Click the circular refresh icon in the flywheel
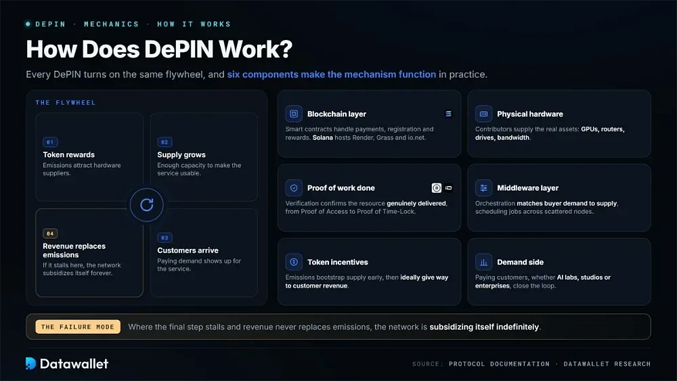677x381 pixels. coord(147,205)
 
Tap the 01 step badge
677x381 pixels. coord(50,142)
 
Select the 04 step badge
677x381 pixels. coord(50,233)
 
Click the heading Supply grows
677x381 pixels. coord(181,154)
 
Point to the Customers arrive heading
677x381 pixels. coord(188,250)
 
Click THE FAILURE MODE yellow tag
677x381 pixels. coord(78,327)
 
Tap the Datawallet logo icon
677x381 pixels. coord(30,363)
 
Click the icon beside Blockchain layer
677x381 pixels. coord(294,114)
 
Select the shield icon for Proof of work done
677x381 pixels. coord(294,187)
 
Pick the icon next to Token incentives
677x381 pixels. coord(294,262)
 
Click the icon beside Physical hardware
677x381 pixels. coord(483,114)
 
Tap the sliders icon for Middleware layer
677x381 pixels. coord(483,187)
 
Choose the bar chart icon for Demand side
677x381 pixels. coord(483,262)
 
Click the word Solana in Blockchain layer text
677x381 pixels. coord(322,137)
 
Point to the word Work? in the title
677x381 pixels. coord(256,49)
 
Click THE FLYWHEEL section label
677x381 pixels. coord(66,103)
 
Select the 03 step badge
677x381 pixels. coord(165,238)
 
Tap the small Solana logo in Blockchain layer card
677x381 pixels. coord(448,114)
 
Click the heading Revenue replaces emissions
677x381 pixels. coord(74,250)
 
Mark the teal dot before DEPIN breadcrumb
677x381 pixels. coord(28,24)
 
